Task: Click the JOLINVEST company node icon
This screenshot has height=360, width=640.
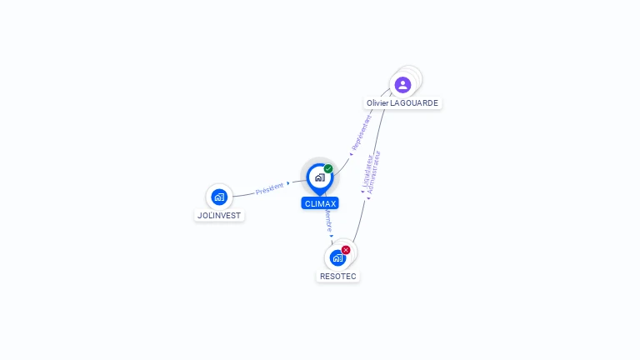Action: click(219, 197)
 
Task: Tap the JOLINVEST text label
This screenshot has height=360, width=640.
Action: click(219, 215)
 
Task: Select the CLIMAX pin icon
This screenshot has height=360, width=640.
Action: click(319, 177)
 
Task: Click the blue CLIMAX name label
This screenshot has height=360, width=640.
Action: click(320, 203)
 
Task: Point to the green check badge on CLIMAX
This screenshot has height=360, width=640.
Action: click(328, 169)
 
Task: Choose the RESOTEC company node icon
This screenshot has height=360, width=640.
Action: click(337, 257)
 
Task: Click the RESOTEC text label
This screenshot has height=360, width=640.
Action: click(338, 276)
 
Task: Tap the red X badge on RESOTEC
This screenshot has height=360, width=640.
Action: click(346, 249)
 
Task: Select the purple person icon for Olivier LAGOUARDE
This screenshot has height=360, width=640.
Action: click(402, 84)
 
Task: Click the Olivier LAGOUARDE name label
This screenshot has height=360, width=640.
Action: click(402, 103)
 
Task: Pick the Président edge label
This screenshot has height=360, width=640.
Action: click(269, 188)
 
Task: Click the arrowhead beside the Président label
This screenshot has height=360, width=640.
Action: click(288, 182)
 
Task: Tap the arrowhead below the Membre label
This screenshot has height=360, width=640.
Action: click(332, 237)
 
